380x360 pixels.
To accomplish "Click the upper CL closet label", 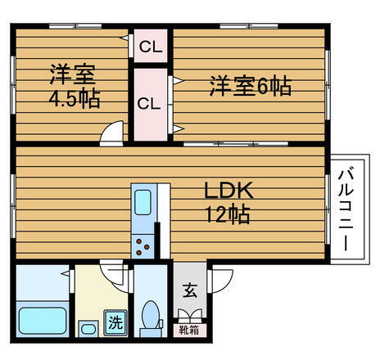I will coord(150,47).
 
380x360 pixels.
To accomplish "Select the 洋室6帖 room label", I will coord(249,86).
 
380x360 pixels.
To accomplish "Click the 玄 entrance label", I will coord(190,290).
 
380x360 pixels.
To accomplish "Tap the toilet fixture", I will coord(150,313).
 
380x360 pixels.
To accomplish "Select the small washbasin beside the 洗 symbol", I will coord(87,329).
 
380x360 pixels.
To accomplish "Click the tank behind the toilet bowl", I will coord(150,331).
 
